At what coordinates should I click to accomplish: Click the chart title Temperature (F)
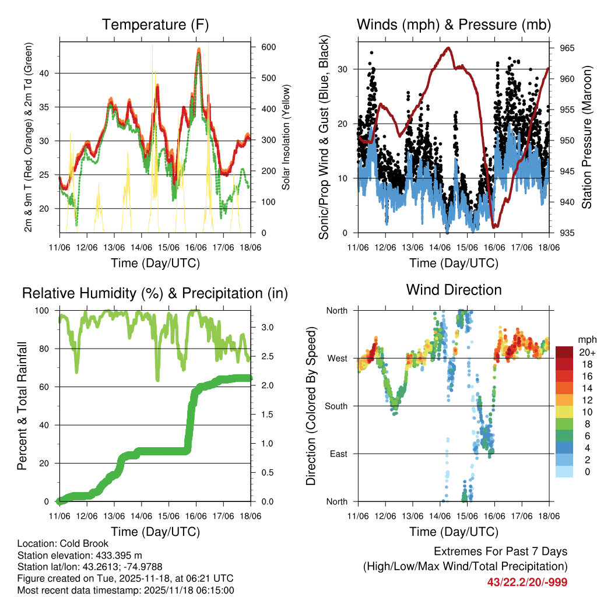pos(155,24)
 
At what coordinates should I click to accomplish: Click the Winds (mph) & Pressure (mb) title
pos(454,24)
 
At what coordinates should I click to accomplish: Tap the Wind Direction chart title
pos(454,290)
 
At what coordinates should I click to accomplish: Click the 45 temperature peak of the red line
pos(199,50)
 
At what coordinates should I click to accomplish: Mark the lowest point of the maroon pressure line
pos(495,226)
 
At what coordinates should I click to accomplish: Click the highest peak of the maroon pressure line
pos(448,48)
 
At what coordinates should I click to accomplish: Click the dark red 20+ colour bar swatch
pos(564,352)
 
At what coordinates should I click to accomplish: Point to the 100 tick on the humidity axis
pos(44,311)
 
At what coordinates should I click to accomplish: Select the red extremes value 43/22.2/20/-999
pos(527,582)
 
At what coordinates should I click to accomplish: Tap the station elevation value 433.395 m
pos(115,555)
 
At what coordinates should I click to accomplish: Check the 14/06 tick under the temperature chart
pos(141,248)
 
